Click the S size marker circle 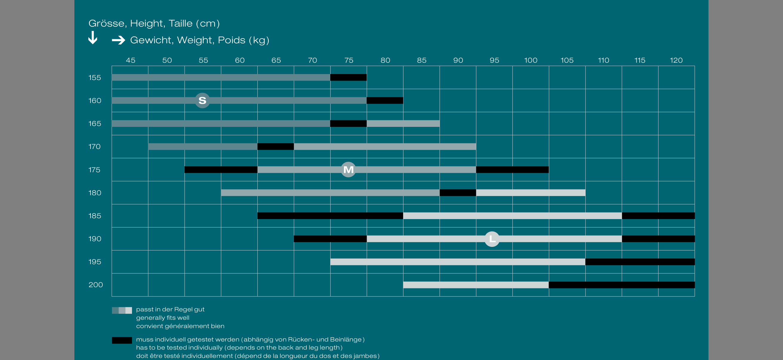click(x=202, y=101)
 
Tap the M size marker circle click(x=348, y=170)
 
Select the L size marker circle click(x=492, y=239)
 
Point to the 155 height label click(x=95, y=78)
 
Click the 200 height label click(x=96, y=285)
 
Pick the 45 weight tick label click(x=130, y=61)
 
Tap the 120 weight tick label click(x=676, y=61)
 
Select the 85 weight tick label click(x=422, y=61)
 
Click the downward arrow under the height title click(x=93, y=38)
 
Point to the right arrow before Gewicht click(x=118, y=40)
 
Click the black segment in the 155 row click(x=348, y=78)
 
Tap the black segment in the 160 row click(x=385, y=101)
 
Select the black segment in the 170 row click(x=275, y=147)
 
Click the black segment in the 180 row click(x=458, y=193)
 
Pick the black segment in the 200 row click(x=622, y=285)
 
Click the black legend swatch click(x=122, y=340)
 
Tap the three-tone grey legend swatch click(x=122, y=310)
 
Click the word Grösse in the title click(x=106, y=23)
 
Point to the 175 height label click(x=94, y=170)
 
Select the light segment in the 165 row click(x=403, y=124)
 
